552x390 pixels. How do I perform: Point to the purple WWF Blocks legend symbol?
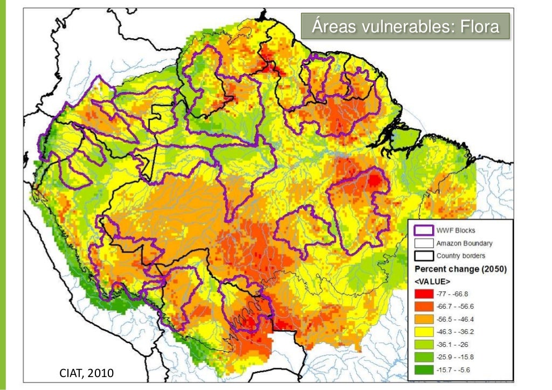click(423, 231)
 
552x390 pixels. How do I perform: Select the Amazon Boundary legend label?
click(464, 243)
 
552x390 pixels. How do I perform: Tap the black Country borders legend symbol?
click(423, 255)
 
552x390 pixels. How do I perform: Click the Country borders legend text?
click(460, 256)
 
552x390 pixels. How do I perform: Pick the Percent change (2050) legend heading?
click(460, 269)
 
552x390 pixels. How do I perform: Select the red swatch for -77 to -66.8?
click(423, 294)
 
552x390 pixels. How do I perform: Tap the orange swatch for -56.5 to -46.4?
click(423, 319)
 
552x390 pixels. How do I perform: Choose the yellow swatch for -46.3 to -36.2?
click(423, 331)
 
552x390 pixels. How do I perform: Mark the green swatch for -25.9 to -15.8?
click(423, 357)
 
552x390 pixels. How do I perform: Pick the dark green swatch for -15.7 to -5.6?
click(423, 370)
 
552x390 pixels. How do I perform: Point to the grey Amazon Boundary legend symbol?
click(423, 243)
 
